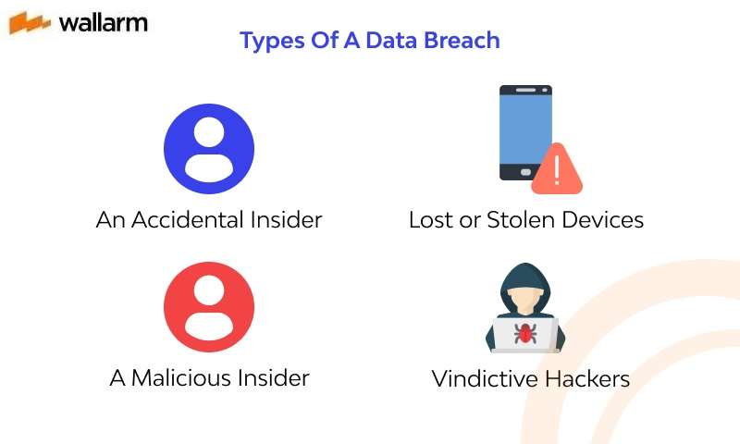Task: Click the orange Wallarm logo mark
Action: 30,23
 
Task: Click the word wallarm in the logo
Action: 103,22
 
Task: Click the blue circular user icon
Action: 209,148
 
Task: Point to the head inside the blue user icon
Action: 209,132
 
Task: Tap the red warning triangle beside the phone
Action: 556,170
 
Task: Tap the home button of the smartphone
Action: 525,172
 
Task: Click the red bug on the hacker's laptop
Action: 525,334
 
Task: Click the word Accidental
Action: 189,220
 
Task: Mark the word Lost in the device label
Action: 430,220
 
